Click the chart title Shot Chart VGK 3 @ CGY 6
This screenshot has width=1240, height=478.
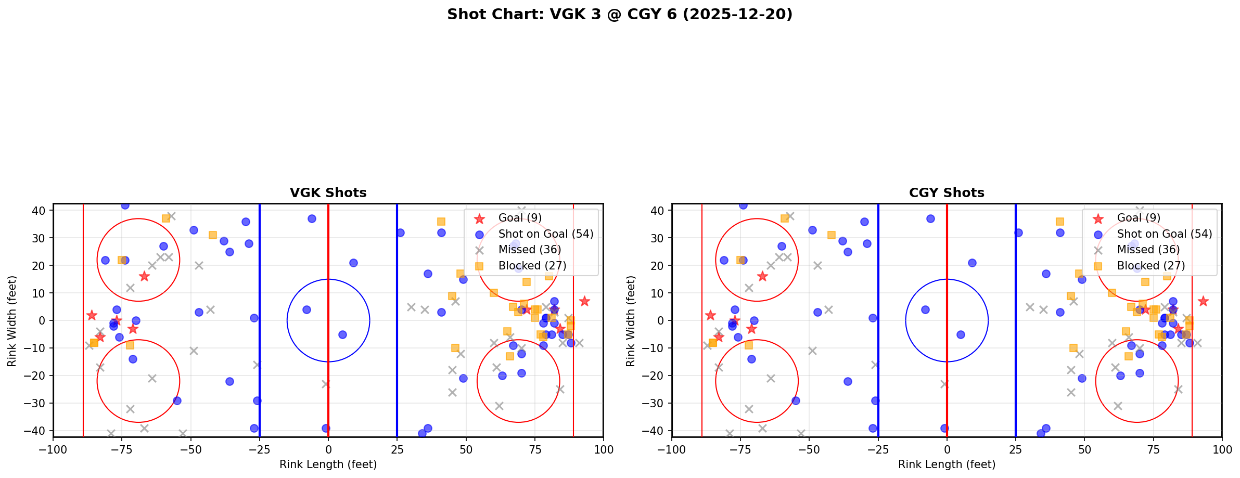click(620, 14)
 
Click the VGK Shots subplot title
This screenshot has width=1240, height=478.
click(328, 193)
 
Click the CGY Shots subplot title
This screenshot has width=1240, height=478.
click(947, 193)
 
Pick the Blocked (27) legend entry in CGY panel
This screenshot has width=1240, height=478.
click(1151, 266)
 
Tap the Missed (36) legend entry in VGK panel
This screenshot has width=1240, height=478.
click(529, 250)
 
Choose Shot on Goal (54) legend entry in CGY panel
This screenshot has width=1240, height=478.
click(1165, 234)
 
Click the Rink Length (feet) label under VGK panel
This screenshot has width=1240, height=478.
click(328, 464)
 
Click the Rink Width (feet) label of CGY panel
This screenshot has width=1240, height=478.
click(631, 321)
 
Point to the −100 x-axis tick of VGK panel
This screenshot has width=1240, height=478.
click(53, 449)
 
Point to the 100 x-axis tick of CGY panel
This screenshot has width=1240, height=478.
click(1222, 449)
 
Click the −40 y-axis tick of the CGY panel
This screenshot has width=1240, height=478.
click(655, 431)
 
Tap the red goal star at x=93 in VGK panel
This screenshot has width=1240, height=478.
click(584, 301)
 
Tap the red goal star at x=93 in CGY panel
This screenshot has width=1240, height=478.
click(1203, 301)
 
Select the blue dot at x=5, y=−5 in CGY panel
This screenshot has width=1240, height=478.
click(961, 334)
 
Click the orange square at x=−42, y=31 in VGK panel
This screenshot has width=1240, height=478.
click(213, 235)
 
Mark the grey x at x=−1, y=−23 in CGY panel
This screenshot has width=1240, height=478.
click(944, 384)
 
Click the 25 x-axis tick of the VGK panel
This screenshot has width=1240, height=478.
click(397, 449)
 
